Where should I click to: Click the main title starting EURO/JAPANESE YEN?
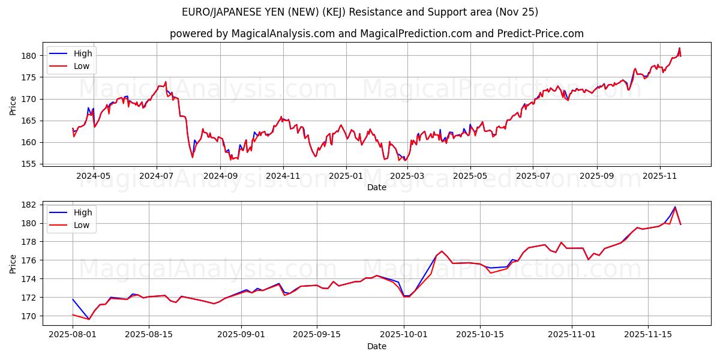pos(360,12)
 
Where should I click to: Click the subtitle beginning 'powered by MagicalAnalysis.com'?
pos(376,34)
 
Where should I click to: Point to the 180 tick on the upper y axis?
pos(30,56)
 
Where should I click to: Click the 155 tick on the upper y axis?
pos(30,164)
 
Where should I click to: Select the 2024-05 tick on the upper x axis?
pos(94,176)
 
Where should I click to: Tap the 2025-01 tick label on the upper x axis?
pos(346,176)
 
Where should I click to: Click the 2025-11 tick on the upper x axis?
pos(660,176)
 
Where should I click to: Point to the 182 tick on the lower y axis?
pos(30,205)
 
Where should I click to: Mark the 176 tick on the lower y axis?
pos(30,260)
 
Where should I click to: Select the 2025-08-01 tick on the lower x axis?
pos(73,335)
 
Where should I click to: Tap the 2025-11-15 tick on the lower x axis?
pos(648,335)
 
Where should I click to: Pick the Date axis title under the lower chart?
pos(376,346)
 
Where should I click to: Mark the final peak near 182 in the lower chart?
pos(675,207)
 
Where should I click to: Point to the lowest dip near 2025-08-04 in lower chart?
pos(89,319)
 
